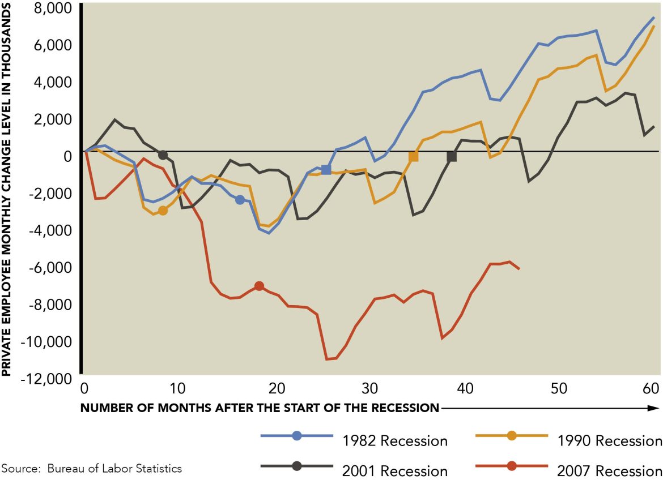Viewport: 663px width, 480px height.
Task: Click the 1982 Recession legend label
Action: [x=394, y=440]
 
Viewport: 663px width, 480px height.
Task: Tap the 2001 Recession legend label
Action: [x=394, y=470]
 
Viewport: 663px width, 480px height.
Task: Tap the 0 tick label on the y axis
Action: [x=70, y=156]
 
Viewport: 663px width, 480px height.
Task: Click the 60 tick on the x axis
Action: [x=652, y=389]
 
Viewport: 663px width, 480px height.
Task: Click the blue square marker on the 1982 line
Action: [x=326, y=170]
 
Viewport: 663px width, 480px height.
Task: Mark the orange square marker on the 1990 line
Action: [x=414, y=157]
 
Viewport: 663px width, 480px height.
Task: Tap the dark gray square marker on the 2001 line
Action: [x=452, y=157]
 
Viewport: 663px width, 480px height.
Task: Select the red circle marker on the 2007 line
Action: [x=259, y=286]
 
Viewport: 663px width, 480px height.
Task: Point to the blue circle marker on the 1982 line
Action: [x=240, y=200]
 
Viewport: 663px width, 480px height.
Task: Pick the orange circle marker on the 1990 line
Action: [x=163, y=211]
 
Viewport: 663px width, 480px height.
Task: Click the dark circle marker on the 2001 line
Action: [x=163, y=155]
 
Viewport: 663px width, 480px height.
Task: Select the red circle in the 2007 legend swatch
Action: [x=511, y=466]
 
